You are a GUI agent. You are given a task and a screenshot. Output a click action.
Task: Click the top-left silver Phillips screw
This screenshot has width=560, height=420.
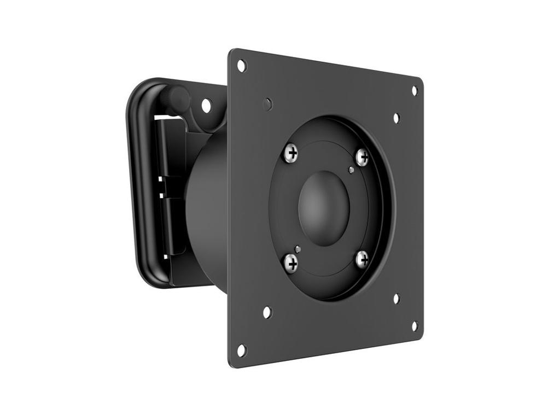point(292,153)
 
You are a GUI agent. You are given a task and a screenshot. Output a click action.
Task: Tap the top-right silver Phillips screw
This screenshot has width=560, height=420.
point(362,157)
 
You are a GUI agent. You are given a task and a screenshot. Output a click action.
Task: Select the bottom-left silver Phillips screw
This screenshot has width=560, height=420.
point(291,263)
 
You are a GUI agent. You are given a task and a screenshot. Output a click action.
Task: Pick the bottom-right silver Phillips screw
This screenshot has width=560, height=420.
point(361,259)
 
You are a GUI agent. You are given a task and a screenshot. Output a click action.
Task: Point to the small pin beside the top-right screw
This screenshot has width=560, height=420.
point(351,170)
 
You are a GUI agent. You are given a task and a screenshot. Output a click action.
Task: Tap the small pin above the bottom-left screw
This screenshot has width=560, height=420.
point(297,249)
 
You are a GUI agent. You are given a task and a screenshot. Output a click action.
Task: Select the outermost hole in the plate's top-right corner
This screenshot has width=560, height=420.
point(414,90)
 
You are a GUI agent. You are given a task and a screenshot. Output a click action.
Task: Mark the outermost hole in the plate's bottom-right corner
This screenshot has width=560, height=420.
point(414,326)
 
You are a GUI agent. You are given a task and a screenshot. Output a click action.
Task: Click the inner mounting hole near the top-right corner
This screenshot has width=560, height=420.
point(396,118)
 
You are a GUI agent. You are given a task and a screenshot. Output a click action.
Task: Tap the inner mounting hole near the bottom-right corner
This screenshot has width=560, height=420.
point(396,299)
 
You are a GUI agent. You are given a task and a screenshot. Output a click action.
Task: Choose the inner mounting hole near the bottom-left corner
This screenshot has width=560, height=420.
point(267,312)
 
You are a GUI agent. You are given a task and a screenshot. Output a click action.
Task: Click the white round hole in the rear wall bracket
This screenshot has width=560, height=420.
point(206,105)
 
